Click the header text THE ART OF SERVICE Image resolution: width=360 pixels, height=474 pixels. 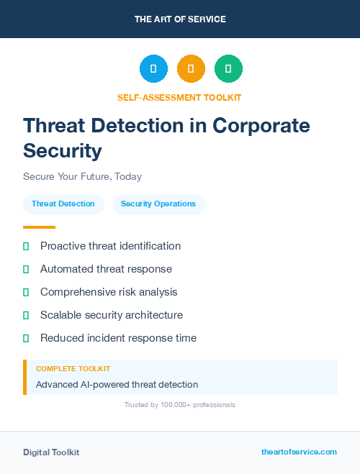[180, 19]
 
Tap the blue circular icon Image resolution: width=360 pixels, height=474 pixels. [153, 69]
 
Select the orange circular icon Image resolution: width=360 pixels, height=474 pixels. [191, 69]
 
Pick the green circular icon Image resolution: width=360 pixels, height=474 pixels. [228, 69]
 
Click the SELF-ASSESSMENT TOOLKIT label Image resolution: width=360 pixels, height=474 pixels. [179, 97]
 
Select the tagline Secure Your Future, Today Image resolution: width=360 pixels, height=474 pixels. [82, 176]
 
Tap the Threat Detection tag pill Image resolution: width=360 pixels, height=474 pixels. [63, 204]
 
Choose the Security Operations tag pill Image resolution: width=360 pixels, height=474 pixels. [158, 204]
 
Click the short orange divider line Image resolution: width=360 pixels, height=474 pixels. [39, 227]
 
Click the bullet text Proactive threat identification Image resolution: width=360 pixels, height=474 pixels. [110, 246]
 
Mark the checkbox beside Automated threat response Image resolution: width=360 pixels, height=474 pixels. [26, 269]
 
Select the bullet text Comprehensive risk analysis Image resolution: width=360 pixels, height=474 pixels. [109, 292]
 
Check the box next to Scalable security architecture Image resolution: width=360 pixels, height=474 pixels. [26, 315]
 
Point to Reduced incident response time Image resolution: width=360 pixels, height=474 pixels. [118, 338]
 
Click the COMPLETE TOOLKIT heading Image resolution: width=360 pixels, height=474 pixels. [73, 368]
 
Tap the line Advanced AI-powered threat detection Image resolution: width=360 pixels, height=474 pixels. [117, 385]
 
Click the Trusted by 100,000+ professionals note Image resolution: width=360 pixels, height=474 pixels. [180, 405]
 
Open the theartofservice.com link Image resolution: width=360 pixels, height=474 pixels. [299, 452]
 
